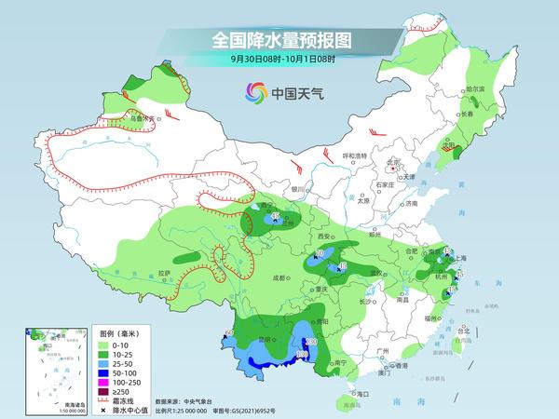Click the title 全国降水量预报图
point(284,40)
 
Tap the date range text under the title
point(284,59)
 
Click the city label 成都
point(279,277)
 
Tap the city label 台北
point(461,329)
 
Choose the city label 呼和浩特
point(358,155)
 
